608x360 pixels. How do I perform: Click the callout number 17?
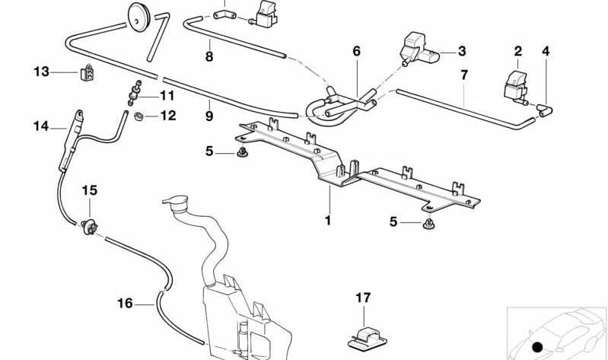point(363,298)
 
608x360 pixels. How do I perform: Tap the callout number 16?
point(125,303)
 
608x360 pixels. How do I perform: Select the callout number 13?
point(42,72)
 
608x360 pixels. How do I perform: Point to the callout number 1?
point(328,221)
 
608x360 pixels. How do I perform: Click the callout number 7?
point(464,75)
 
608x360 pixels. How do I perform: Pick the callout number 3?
point(461,51)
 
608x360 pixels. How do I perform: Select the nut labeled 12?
point(138,116)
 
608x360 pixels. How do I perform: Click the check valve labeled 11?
point(135,93)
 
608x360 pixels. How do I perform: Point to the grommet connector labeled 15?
point(90,227)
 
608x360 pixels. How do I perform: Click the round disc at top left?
point(138,17)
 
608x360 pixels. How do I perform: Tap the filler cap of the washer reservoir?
point(177,202)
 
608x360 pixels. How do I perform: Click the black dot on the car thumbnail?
point(537,347)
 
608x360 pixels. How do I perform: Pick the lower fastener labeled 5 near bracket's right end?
point(428,224)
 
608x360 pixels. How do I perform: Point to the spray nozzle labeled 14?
point(72,141)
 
